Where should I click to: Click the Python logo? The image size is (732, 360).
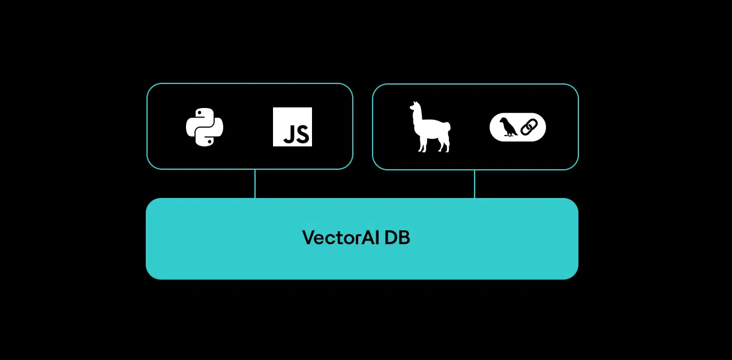pos(205,127)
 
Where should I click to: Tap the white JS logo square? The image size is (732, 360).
pos(292,127)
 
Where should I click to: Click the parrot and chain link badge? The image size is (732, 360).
pos(518,127)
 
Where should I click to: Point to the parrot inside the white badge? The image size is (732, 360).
pos(508,127)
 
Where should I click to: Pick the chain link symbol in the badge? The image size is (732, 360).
pos(529,127)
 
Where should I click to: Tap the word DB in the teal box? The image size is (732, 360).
pos(397,238)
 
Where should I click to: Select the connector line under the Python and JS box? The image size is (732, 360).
pos(255,184)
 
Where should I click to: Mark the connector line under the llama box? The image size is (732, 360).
pos(475,184)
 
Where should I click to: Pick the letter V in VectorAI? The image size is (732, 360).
pos(308,238)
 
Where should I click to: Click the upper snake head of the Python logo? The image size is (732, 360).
pos(199,115)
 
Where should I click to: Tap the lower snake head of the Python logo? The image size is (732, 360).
pos(211,140)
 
